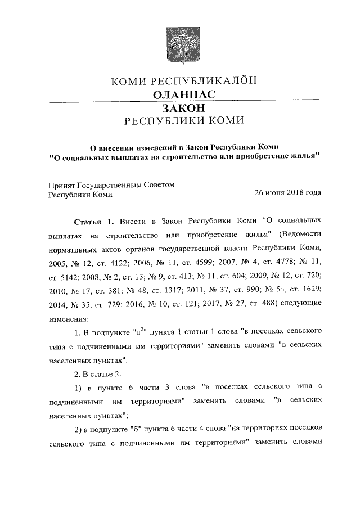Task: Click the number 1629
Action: [x=309, y=291]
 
